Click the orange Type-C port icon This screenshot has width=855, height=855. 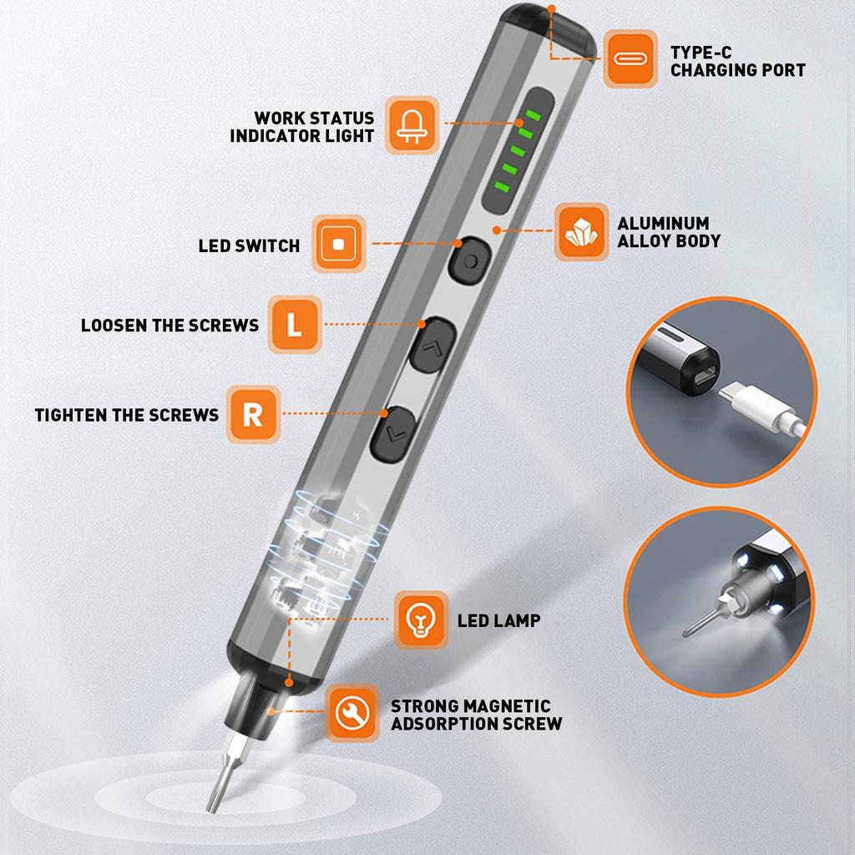point(630,58)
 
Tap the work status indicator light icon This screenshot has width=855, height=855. point(412,125)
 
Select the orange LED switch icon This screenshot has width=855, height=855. point(339,244)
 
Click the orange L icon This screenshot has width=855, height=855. point(295,325)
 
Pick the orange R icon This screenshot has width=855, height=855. point(253,414)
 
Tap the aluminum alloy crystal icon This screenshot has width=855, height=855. point(581,232)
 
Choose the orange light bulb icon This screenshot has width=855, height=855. point(421,620)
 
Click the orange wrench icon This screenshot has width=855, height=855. point(353,713)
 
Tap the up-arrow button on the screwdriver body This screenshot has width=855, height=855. point(433,345)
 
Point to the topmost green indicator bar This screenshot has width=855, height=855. point(533,115)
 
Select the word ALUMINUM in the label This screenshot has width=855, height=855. point(663,224)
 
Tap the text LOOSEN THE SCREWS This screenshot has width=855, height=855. point(169,326)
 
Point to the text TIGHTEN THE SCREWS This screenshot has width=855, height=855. point(127,416)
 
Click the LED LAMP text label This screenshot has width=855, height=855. point(499,620)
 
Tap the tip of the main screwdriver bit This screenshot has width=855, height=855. point(210,811)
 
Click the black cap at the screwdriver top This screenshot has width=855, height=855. point(548,28)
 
